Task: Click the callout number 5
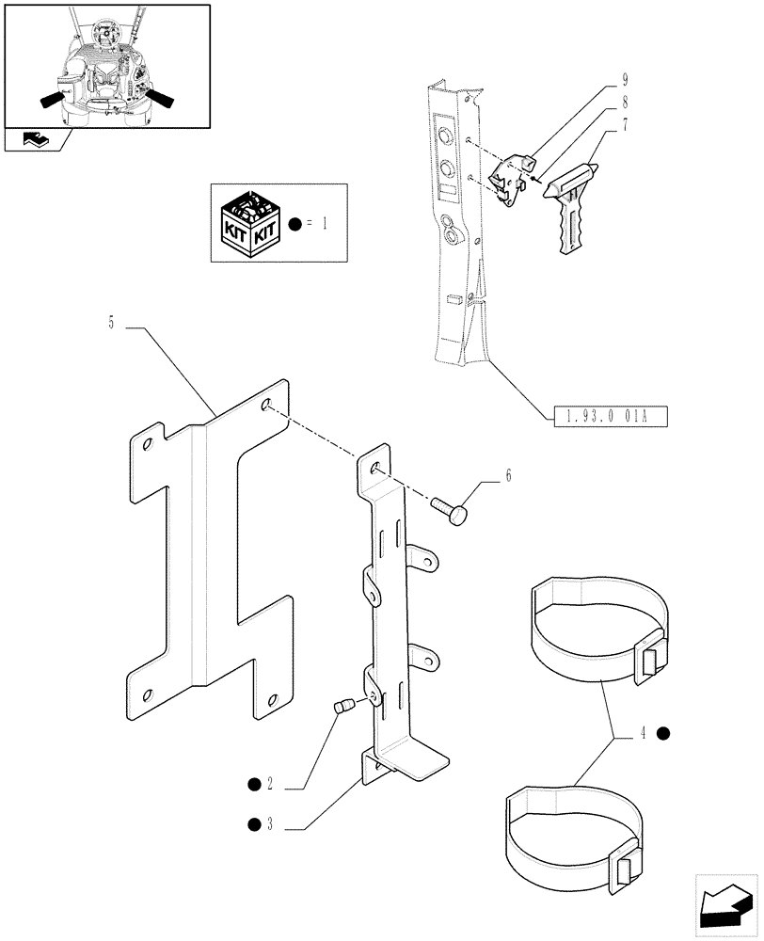click(x=111, y=323)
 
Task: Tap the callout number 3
click(x=269, y=825)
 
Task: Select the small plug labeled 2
click(x=344, y=706)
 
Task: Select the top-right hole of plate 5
click(x=268, y=404)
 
